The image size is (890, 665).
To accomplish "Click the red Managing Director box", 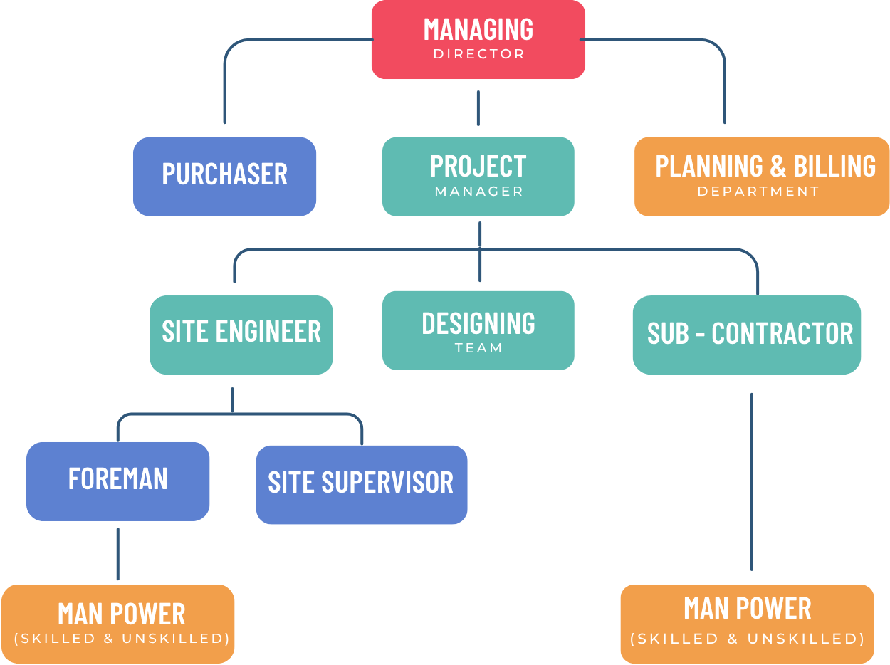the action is tap(478, 39).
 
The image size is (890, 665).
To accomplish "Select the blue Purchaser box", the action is tap(224, 177).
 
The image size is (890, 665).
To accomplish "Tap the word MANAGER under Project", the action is tap(479, 192).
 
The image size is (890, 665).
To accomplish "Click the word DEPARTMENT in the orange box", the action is tap(758, 192).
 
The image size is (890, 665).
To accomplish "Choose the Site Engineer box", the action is tap(241, 335).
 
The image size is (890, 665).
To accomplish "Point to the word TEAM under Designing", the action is tap(478, 348).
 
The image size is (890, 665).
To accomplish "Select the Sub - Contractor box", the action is tap(746, 335).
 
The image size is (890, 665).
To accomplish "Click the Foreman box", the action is tap(117, 481).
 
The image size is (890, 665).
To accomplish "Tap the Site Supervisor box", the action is tap(361, 485).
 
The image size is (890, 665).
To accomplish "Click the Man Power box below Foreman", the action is tap(117, 624).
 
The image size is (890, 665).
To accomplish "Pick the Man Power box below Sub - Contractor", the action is tap(747, 624).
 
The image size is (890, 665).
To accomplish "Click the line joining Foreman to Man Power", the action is tap(118, 554).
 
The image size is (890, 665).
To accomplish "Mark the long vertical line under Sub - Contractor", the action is tap(751, 482).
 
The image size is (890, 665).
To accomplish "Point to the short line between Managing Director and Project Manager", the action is tap(478, 108).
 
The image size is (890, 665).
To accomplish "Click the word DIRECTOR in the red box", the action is tap(479, 54).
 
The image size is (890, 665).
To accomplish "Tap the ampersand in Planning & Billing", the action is tap(778, 166).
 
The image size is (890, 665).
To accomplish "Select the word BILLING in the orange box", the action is tap(834, 166).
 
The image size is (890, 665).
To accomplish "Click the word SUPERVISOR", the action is tap(387, 482).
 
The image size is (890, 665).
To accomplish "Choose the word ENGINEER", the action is tap(268, 331).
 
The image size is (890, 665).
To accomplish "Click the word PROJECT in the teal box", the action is tap(478, 166).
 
